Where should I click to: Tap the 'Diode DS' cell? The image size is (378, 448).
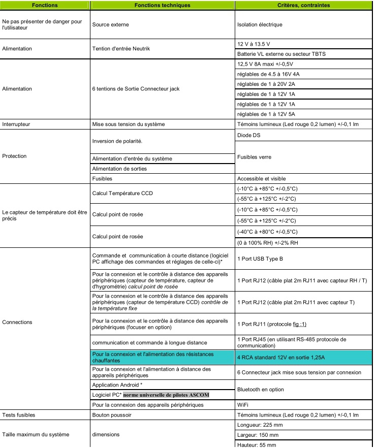pos(250,136)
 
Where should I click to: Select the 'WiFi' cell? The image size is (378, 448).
pos(244,404)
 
